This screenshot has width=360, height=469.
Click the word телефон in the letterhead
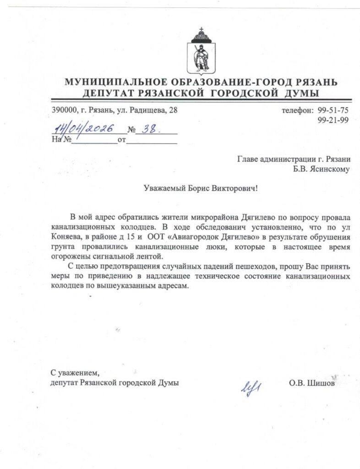pos(296,110)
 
